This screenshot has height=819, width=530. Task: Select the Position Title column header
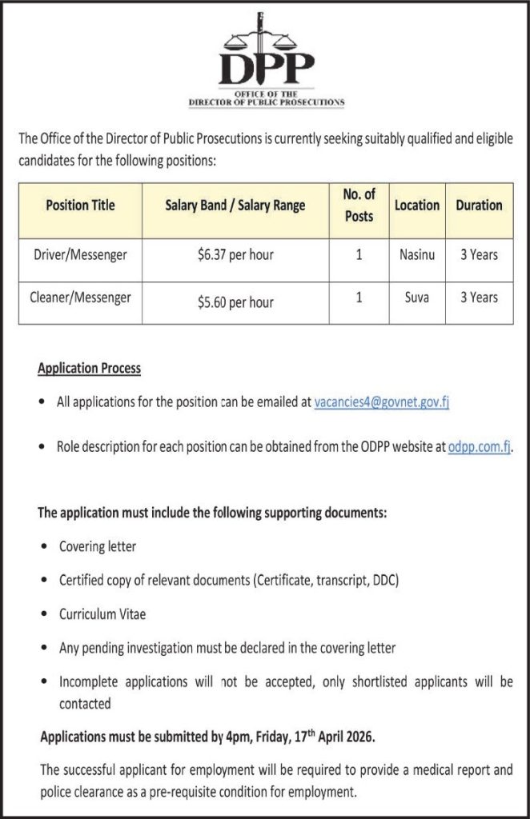pos(80,206)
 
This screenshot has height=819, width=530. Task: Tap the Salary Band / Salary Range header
pos(235,206)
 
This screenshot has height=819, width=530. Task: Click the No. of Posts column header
pos(359,206)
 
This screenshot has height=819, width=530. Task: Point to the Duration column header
pos(479,206)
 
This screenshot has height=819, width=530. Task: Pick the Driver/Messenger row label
pos(80,255)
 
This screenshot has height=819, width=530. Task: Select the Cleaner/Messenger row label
pos(80,298)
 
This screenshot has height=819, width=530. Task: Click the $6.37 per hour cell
pos(235,256)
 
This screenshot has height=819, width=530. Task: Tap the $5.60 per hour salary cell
pos(235,302)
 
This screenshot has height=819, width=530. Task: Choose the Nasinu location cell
pos(416,255)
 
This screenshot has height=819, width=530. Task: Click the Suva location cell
pos(416,298)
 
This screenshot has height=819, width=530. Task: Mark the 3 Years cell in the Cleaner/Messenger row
pos(479,298)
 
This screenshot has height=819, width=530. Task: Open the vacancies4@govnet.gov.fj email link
pos(382,403)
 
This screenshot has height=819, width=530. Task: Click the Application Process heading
pos(89,368)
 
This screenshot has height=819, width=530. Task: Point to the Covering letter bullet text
pos(98,546)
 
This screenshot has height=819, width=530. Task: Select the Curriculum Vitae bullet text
pos(102,615)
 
